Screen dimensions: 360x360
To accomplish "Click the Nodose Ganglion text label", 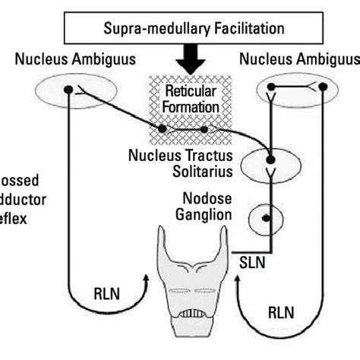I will click(x=204, y=205).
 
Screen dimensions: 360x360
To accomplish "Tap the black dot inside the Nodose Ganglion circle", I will click(x=266, y=218).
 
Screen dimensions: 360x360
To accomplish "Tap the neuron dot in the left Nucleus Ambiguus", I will click(x=68, y=89).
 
